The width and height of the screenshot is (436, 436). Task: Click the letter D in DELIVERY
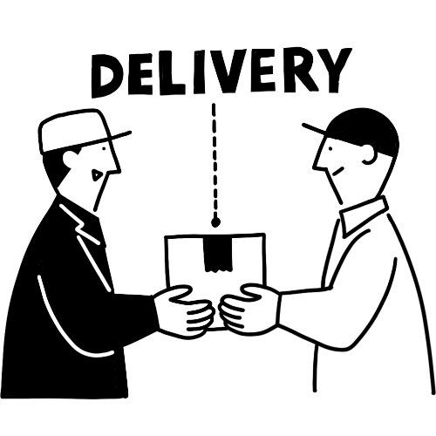click(x=107, y=75)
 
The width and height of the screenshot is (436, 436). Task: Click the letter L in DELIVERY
click(x=172, y=73)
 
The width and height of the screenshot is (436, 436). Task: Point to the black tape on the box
click(x=218, y=254)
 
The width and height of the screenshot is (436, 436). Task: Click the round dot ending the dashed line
click(x=215, y=222)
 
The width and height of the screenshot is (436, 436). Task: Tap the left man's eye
click(x=104, y=149)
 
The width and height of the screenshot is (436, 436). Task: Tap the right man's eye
click(x=330, y=149)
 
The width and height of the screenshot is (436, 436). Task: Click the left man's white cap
click(x=76, y=131)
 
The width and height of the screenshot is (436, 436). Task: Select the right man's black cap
click(x=364, y=131)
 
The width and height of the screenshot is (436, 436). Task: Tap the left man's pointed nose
click(x=116, y=167)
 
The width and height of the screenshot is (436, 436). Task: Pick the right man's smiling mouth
click(x=337, y=172)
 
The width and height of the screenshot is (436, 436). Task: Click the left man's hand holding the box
click(x=184, y=311)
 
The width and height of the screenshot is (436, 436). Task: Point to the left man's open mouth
click(x=95, y=175)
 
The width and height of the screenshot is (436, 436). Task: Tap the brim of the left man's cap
click(x=119, y=136)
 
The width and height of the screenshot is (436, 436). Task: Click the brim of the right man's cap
click(x=315, y=130)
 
